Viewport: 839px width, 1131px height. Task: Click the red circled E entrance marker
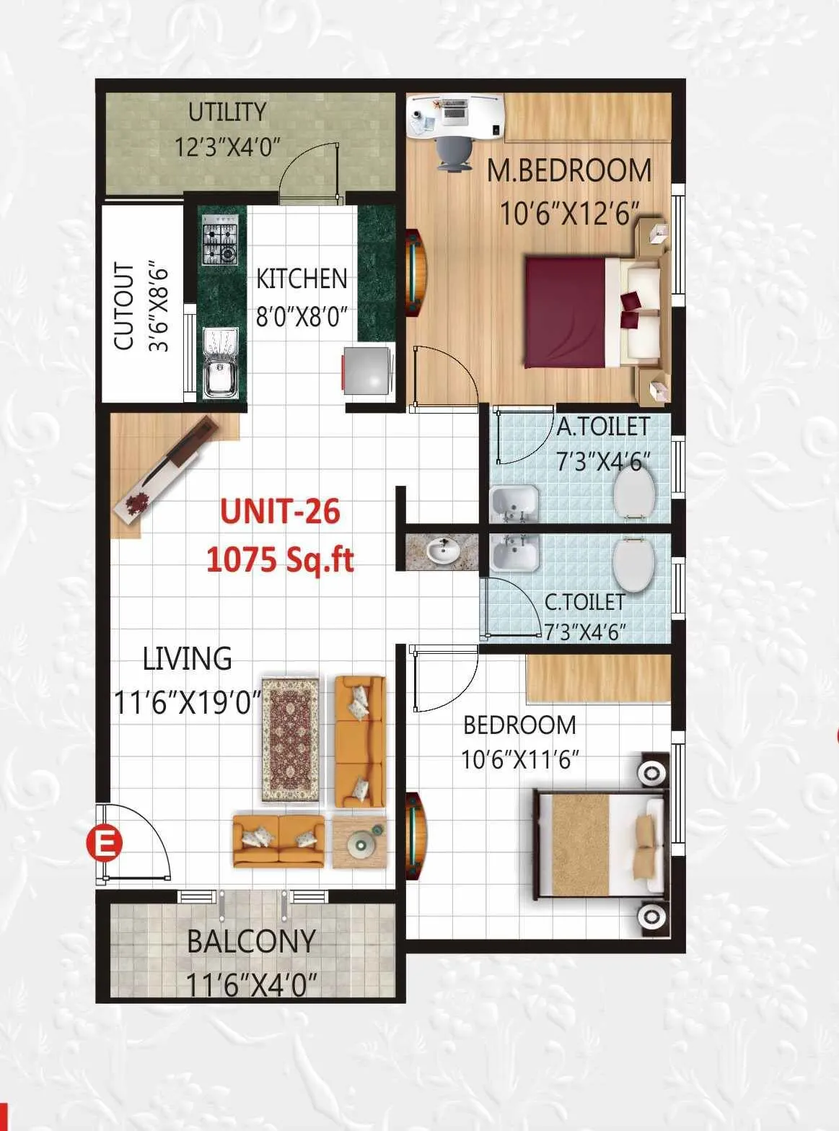click(x=105, y=843)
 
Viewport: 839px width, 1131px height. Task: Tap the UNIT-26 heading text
click(x=280, y=512)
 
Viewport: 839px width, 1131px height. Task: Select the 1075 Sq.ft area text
click(x=280, y=559)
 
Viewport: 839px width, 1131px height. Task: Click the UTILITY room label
click(x=227, y=113)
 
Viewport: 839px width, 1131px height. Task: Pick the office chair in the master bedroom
click(x=452, y=152)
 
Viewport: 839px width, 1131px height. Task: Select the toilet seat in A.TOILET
click(x=634, y=493)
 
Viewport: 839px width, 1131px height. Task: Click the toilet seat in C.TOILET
click(x=633, y=564)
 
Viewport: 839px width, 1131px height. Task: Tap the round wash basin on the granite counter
click(x=442, y=552)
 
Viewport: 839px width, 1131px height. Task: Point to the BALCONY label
click(x=251, y=941)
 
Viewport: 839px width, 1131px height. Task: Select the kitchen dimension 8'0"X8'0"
click(x=302, y=317)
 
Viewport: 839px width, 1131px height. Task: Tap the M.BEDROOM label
click(x=569, y=171)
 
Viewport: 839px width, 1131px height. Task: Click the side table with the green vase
click(x=359, y=842)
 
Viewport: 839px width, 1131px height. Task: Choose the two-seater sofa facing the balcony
click(x=278, y=840)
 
